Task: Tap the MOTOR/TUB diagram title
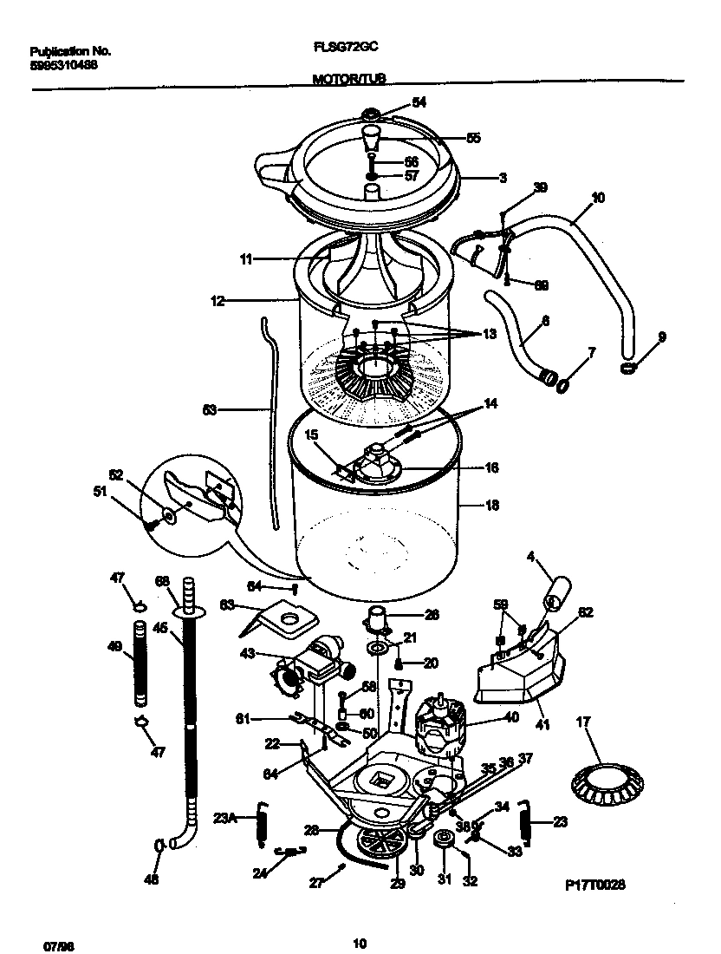(348, 78)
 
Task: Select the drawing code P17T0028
(595, 885)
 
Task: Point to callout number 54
(419, 102)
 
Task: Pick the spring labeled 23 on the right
(525, 825)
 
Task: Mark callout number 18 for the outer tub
(492, 505)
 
